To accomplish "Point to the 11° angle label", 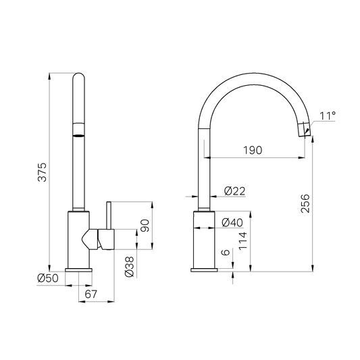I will point(328,116).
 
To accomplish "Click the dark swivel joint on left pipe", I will point(79,130).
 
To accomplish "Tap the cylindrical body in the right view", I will point(205,239).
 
